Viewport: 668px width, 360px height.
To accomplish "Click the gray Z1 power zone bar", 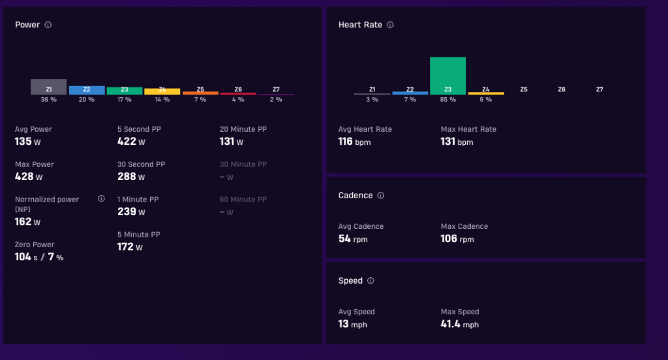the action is (x=48, y=87).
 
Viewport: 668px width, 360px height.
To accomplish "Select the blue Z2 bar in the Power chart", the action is (x=87, y=90).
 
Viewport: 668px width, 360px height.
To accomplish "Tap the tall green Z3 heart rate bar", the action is (x=448, y=76).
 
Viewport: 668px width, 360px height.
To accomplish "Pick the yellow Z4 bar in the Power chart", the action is (x=162, y=91).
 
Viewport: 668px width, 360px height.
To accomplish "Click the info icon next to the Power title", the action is (x=48, y=25).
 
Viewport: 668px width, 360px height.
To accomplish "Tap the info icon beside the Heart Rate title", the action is (x=390, y=25).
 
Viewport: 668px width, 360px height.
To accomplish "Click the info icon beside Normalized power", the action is (x=101, y=198).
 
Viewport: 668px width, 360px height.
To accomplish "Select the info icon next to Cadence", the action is (x=381, y=195).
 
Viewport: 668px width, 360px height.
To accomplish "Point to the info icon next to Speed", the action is (x=371, y=280).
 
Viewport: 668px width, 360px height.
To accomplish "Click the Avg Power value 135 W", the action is (x=27, y=142).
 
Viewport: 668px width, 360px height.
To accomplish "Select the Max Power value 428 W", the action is (x=29, y=176).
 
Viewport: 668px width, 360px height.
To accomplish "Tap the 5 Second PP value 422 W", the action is (x=131, y=142).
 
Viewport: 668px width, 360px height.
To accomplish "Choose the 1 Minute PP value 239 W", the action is (x=131, y=212).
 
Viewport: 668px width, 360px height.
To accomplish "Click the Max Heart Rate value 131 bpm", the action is (x=457, y=142).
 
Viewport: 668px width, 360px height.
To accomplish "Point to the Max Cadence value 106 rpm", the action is (x=457, y=239).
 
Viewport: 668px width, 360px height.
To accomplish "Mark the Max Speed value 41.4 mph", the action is (x=460, y=324).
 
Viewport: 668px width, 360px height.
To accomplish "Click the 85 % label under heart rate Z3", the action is (x=448, y=99).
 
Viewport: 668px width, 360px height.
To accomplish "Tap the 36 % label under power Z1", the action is (x=48, y=99).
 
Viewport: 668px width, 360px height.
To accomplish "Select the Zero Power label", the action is (x=35, y=245).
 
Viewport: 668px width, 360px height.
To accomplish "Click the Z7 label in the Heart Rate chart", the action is (x=600, y=89).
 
